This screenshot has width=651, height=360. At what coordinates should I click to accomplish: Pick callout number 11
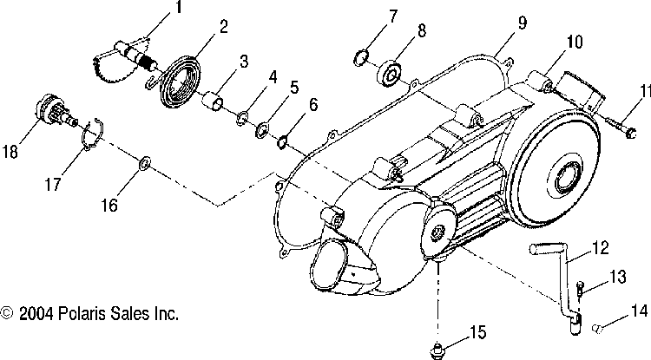(x=643, y=91)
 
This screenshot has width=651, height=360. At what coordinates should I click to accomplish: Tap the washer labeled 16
(x=146, y=162)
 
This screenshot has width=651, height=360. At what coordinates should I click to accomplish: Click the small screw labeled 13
(x=581, y=288)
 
